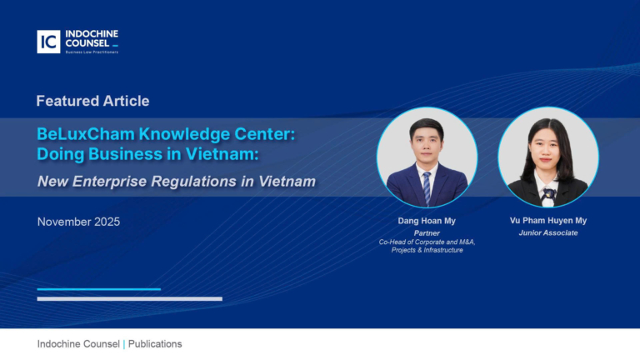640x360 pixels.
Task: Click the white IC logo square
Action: (x=48, y=42)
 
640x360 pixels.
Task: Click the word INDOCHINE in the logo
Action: (x=91, y=35)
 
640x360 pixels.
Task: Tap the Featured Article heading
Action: (x=92, y=101)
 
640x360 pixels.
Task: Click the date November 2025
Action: (x=78, y=222)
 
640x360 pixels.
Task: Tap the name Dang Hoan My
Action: (x=427, y=221)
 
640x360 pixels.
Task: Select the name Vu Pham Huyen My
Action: (x=548, y=221)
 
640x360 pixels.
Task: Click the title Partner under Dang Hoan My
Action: (x=427, y=233)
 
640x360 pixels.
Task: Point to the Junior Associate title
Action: (x=548, y=233)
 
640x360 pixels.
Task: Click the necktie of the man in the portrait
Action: (x=427, y=188)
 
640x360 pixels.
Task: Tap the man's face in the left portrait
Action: (x=427, y=143)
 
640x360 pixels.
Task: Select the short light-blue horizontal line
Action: (x=98, y=289)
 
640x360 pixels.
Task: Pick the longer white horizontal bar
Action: (x=129, y=298)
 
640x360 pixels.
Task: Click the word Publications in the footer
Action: (x=155, y=344)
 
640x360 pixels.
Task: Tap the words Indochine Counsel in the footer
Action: (x=78, y=344)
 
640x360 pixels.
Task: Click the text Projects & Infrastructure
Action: (x=427, y=250)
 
